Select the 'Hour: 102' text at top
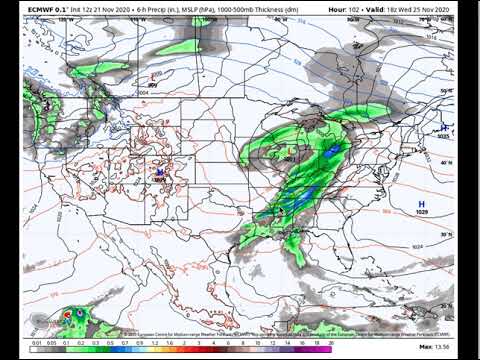click(x=345, y=9)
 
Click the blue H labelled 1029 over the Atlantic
click(x=420, y=202)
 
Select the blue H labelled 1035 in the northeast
click(x=445, y=127)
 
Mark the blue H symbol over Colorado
click(x=158, y=172)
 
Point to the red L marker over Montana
click(x=152, y=77)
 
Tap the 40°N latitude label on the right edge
click(x=446, y=161)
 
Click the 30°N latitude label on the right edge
click(x=446, y=235)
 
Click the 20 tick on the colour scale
click(x=331, y=342)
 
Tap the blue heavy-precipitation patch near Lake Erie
click(x=328, y=150)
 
